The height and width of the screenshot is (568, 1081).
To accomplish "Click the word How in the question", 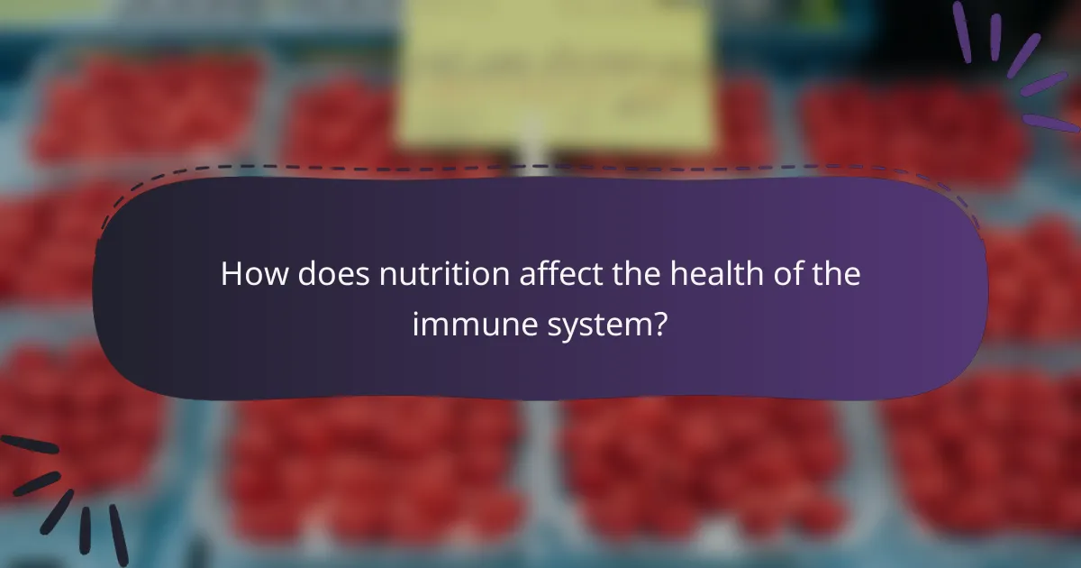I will pyautogui.click(x=250, y=274).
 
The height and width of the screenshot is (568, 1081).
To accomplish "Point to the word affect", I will pyautogui.click(x=556, y=274).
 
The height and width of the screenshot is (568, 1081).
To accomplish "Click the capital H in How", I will pyautogui.click(x=232, y=274).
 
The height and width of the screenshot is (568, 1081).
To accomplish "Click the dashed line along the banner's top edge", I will pyautogui.click(x=540, y=168).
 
